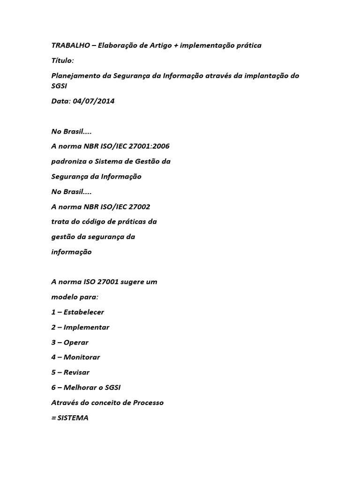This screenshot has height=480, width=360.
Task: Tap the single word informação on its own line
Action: coord(71,252)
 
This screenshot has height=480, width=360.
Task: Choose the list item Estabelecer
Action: coord(84,312)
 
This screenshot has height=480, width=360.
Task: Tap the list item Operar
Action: coord(76,342)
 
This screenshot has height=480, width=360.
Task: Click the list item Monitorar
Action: coord(82,357)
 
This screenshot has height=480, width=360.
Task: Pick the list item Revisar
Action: coord(76,372)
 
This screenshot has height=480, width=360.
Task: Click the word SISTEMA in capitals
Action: coord(72,417)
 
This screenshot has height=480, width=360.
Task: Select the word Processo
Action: coord(149,402)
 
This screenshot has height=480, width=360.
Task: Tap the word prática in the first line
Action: coord(248,45)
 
